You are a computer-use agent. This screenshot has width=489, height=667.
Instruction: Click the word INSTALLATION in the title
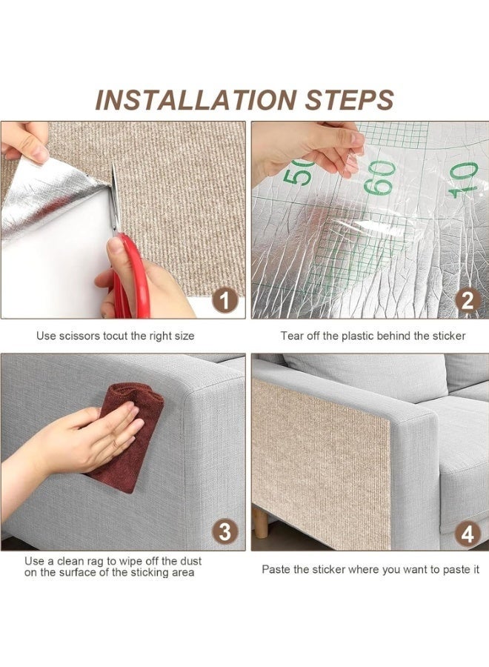coord(195,100)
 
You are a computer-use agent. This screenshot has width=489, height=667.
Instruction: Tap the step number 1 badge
coord(224,301)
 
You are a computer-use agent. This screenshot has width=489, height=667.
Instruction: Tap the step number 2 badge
coord(468,301)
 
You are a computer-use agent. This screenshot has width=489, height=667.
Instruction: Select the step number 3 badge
coord(224,532)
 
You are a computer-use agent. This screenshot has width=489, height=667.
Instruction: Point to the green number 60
coord(379,177)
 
